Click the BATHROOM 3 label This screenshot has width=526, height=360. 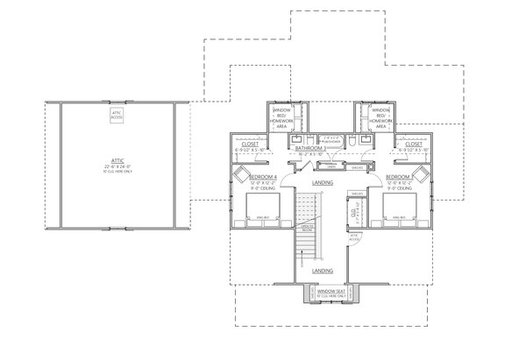(x=310, y=149)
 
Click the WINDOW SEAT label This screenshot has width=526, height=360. (x=330, y=290)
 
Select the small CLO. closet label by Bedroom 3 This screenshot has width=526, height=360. (x=354, y=213)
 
